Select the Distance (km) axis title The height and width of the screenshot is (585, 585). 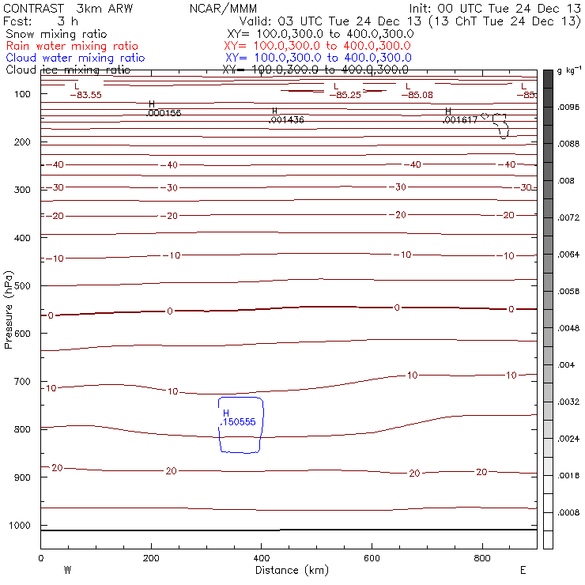(x=288, y=570)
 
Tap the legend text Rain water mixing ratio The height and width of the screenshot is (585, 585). (x=72, y=47)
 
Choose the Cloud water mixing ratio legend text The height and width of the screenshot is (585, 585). (x=75, y=58)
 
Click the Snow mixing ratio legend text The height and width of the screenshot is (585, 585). (x=57, y=35)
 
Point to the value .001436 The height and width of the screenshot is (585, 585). (x=287, y=120)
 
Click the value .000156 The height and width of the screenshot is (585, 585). (x=164, y=113)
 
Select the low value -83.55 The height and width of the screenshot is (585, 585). (x=85, y=95)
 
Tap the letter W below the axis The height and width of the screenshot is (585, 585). (x=67, y=570)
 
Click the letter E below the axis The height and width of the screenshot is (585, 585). (x=523, y=570)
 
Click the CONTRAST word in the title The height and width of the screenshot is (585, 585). (x=32, y=9)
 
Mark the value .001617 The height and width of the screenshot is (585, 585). (x=460, y=120)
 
